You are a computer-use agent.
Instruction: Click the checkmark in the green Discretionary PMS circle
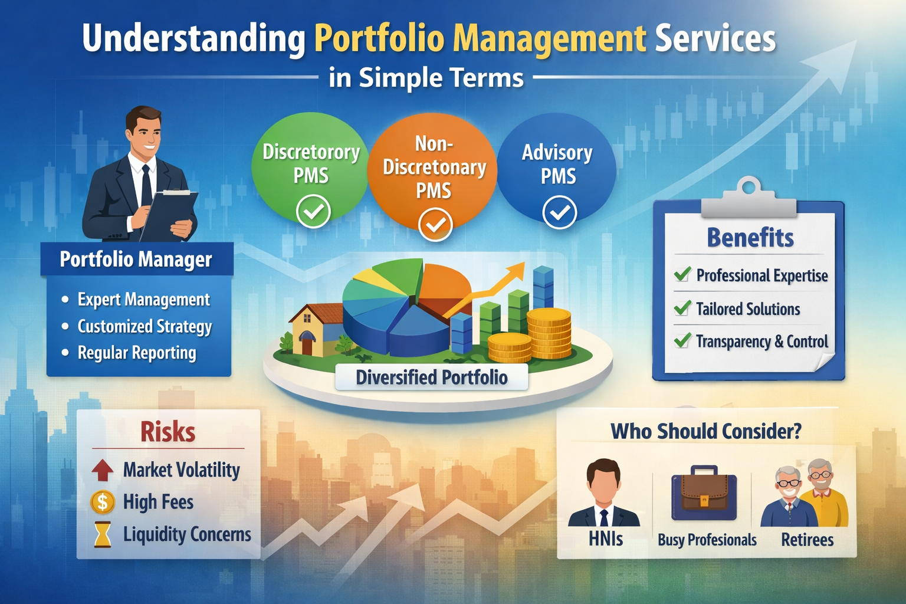313,212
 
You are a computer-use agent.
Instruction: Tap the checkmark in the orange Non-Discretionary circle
435,225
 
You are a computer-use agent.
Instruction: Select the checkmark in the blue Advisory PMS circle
559,212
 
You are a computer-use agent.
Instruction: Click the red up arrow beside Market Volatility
103,470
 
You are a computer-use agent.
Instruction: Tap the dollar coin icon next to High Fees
103,502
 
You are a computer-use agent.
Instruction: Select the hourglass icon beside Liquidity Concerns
103,534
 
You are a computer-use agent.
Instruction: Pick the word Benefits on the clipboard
750,238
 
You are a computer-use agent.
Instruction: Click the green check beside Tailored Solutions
682,308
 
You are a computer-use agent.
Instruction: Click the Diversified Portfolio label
431,377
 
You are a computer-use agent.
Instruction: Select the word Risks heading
168,432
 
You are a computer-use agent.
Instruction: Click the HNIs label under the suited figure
605,539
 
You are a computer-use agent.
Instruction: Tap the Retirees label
807,540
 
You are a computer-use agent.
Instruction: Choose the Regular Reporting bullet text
137,353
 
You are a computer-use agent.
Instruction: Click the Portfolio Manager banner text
136,260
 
